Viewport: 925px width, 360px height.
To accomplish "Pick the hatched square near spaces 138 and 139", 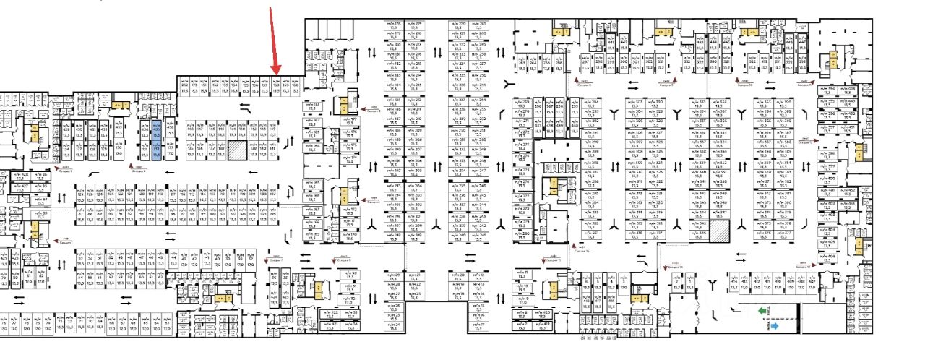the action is pos(238,150).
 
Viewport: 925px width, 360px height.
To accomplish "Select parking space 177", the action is pos(350,121).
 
